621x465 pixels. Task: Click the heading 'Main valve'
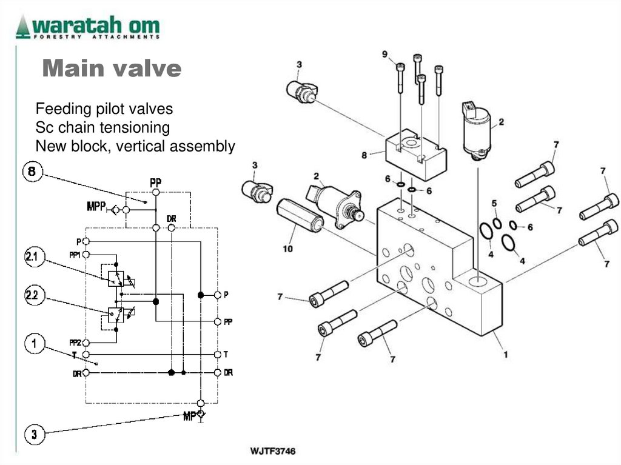click(x=112, y=69)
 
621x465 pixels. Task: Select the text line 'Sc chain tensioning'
click(x=102, y=127)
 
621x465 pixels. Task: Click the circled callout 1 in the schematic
click(x=35, y=344)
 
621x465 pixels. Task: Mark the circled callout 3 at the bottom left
click(x=34, y=434)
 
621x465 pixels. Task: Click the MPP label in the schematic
click(x=96, y=208)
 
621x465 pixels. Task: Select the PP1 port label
click(x=75, y=255)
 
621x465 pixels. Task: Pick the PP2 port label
click(x=75, y=343)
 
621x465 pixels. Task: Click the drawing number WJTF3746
click(x=273, y=452)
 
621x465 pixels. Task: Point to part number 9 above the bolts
click(x=384, y=55)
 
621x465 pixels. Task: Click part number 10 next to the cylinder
click(x=287, y=249)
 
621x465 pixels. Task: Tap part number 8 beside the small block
click(x=364, y=155)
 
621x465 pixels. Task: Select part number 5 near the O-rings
click(x=494, y=203)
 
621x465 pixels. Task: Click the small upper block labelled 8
click(x=415, y=152)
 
